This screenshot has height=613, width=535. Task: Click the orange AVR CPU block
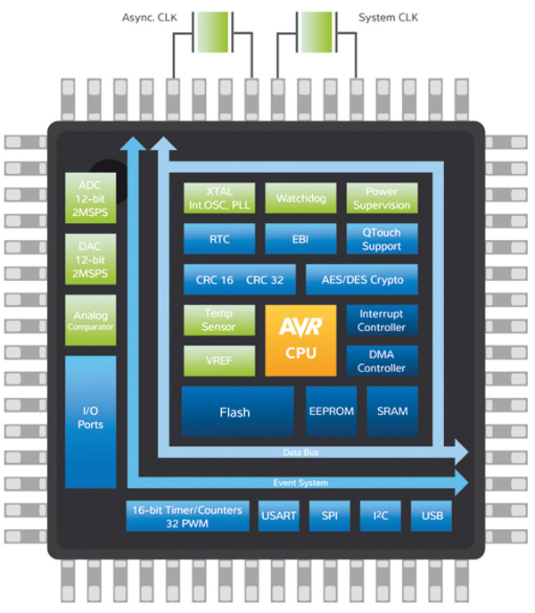[x=300, y=340]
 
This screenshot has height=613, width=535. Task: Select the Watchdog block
[x=300, y=198]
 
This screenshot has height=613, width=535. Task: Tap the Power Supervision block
[x=382, y=198]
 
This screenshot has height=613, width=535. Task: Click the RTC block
[x=219, y=239]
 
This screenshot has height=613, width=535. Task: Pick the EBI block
[x=300, y=239]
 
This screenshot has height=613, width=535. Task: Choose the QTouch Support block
[x=382, y=239]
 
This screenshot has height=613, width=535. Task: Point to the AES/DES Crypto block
[x=361, y=279]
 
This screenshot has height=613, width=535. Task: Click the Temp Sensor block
[x=219, y=320]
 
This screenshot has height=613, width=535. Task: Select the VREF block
[x=219, y=360]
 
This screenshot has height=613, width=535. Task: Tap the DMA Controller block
[x=382, y=360]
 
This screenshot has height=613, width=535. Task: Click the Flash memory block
[x=237, y=411]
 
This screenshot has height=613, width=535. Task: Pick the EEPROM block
[x=332, y=411]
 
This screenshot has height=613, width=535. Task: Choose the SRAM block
[x=391, y=411]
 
